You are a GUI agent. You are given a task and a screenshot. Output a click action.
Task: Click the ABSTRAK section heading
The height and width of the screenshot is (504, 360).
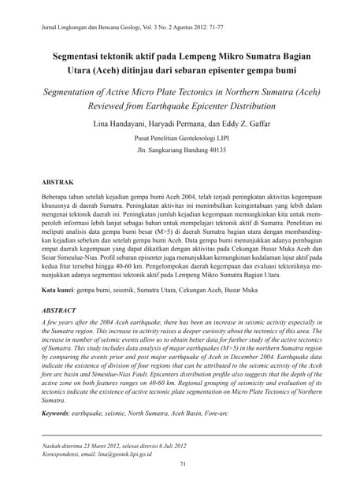57,182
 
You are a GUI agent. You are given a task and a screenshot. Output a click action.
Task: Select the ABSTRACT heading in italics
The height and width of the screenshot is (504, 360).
58,311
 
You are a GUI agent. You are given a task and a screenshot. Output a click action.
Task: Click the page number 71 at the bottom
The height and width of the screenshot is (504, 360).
180,465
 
